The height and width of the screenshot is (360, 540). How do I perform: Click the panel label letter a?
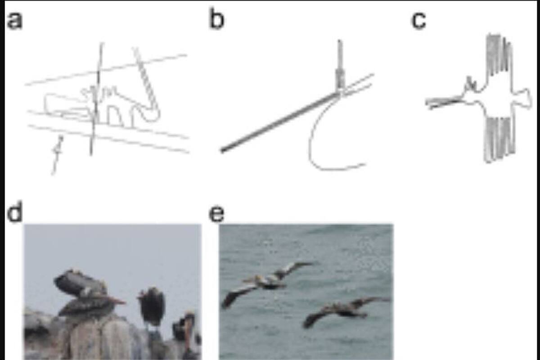[x=15, y=21]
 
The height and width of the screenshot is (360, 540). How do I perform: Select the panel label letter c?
[x=418, y=21]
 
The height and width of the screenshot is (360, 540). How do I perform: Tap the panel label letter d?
[x=15, y=211]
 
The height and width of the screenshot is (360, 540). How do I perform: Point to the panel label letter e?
[x=216, y=213]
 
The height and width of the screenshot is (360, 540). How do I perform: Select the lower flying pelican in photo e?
[x=345, y=311]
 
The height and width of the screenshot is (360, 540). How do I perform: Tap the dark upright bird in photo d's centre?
[x=151, y=306]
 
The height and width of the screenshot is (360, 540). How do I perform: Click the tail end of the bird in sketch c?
[x=527, y=99]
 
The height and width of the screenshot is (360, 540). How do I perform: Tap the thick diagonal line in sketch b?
[x=279, y=122]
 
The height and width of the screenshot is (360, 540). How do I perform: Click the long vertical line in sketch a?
[x=96, y=99]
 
